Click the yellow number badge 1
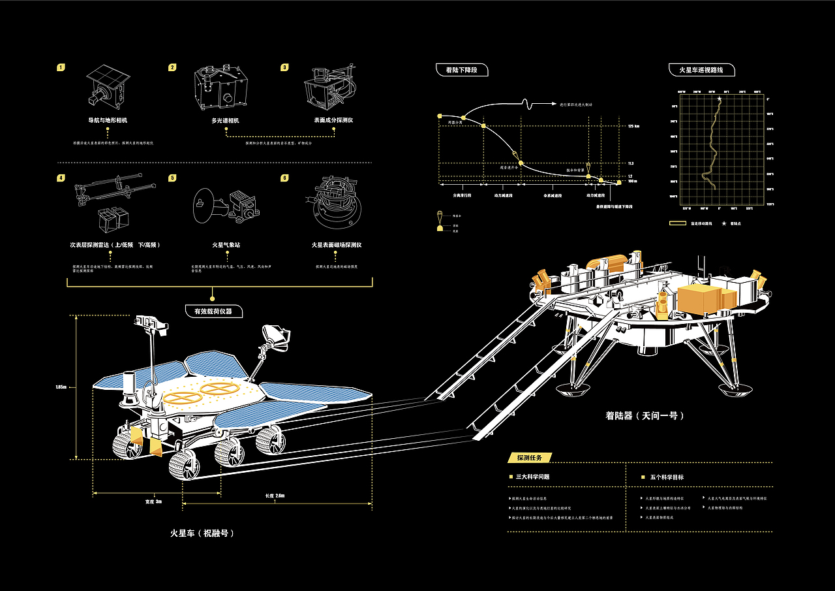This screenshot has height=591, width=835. click(x=61, y=67)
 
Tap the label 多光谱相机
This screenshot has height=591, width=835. click(x=226, y=120)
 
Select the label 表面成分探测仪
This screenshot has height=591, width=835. click(x=333, y=120)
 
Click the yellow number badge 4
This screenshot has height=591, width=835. click(x=61, y=178)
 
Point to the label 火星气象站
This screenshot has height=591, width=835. click(x=225, y=245)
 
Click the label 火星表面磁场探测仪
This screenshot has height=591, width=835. click(x=336, y=245)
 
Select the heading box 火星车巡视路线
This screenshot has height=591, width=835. click(x=702, y=69)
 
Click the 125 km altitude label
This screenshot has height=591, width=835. click(x=633, y=126)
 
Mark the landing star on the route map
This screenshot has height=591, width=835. click(x=720, y=99)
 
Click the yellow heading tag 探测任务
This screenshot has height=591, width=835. click(x=528, y=457)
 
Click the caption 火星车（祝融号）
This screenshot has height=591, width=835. click(x=202, y=533)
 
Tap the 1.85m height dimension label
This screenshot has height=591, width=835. click(x=61, y=387)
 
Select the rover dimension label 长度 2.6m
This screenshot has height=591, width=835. click(x=275, y=496)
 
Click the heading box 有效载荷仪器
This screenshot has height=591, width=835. click(x=213, y=311)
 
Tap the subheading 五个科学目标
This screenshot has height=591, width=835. click(x=667, y=477)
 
